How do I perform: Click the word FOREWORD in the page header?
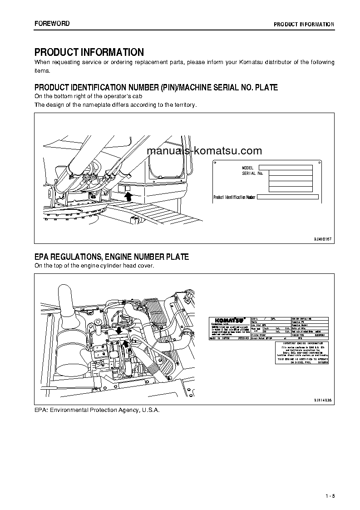point(52,24)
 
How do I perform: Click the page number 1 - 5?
point(330,495)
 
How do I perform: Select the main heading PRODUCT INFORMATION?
point(89,52)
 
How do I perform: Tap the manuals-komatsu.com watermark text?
point(204,151)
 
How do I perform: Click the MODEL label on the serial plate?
point(247,168)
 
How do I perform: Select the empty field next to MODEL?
point(285,168)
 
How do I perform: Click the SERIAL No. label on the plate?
point(252,173)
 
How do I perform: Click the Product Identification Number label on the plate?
point(235,197)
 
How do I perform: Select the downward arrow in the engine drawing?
point(118,330)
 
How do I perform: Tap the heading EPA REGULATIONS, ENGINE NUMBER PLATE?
point(112,257)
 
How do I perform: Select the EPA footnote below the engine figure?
point(97,410)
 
